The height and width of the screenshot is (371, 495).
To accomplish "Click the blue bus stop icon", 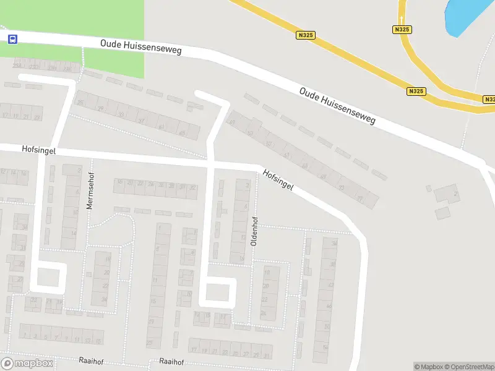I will click(12, 39).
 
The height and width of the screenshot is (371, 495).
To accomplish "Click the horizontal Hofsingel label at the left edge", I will click(39, 149).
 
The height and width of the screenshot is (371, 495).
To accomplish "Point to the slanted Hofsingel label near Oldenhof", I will click(277, 180).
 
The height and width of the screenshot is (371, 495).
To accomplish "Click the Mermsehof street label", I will click(90, 190).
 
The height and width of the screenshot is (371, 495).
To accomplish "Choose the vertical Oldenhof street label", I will click(254, 231).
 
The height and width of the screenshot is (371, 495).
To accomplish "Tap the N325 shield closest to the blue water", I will click(402, 29).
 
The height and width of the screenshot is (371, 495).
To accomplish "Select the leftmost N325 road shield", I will click(306, 35).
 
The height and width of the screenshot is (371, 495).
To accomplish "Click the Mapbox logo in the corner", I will click(27, 364).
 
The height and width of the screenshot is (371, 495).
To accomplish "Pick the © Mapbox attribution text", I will click(426, 367).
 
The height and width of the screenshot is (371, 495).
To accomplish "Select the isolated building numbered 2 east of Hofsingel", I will click(447, 194).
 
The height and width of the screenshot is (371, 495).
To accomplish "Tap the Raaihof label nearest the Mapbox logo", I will click(88, 360).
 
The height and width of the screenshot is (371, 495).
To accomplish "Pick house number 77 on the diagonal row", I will click(361, 198).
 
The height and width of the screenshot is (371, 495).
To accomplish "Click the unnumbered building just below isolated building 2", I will click(442, 213).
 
